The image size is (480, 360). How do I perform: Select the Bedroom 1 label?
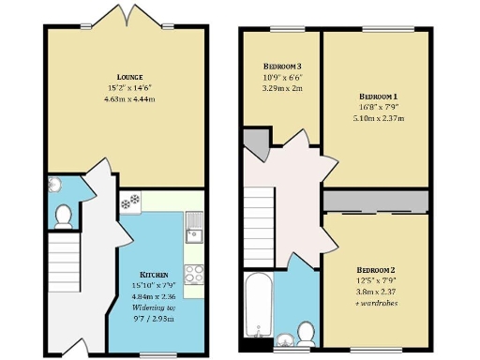(378, 97)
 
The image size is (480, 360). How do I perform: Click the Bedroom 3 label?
(281, 67)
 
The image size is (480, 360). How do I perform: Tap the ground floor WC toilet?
(64, 217)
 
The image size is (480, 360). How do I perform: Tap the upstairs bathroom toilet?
(305, 331)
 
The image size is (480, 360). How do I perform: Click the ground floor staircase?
(62, 263)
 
